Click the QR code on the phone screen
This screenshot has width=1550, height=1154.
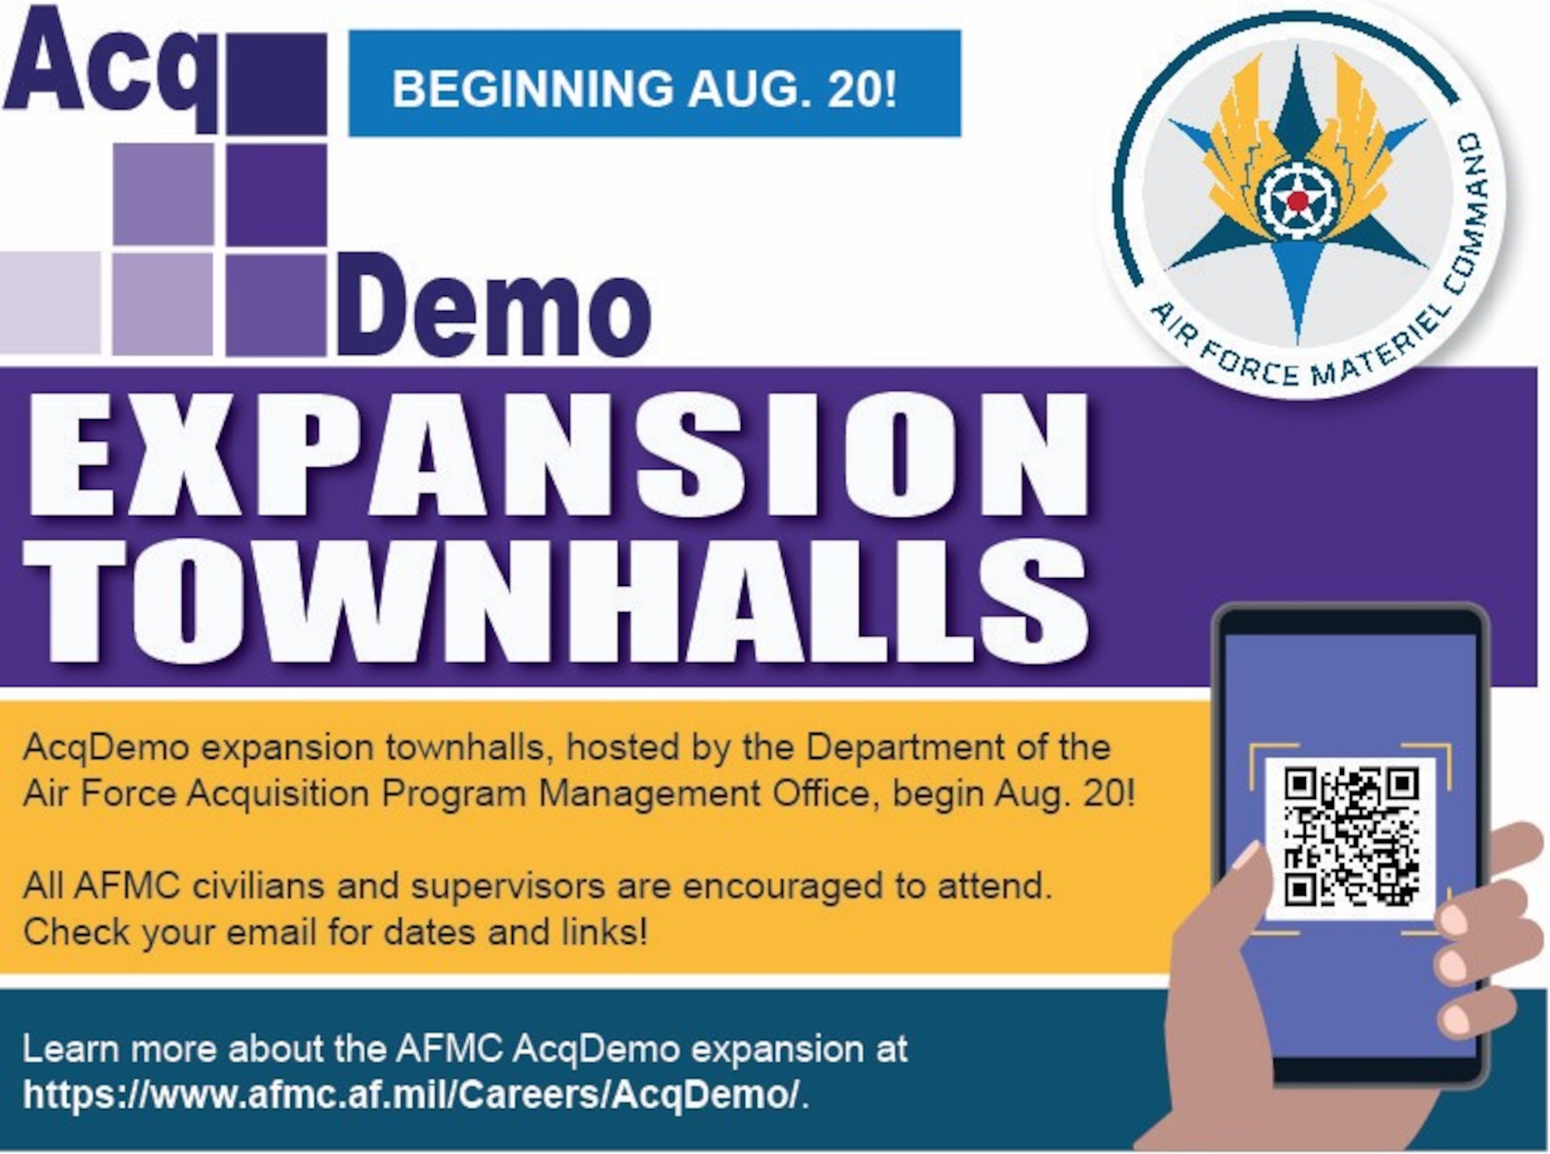pos(1352,836)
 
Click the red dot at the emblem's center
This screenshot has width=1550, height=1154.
pos(1297,202)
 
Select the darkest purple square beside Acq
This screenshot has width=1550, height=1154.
pos(277,84)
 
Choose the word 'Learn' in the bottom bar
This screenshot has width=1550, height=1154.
pos(70,1049)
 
